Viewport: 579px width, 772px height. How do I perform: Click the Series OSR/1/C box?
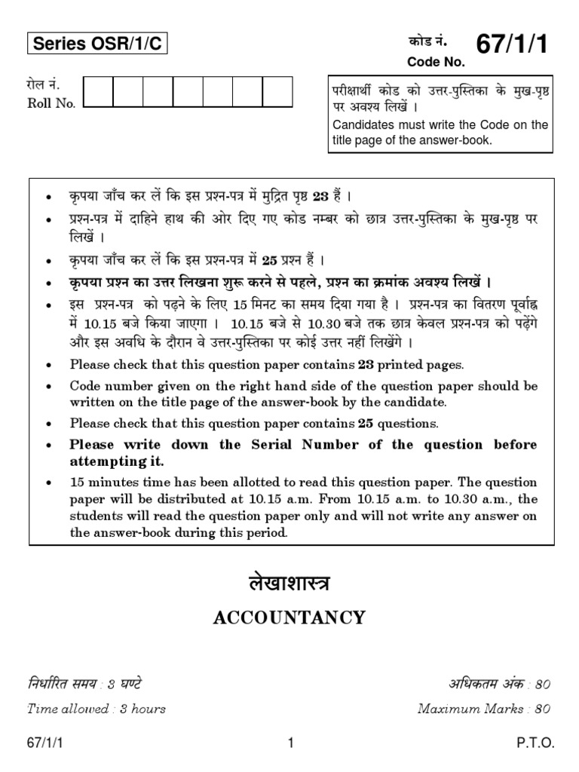(x=97, y=45)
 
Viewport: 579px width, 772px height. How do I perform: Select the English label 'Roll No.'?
(x=51, y=104)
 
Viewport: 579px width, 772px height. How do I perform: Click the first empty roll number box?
(x=98, y=94)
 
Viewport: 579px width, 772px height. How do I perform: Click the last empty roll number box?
(x=277, y=94)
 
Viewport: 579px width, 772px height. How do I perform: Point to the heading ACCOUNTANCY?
(x=289, y=618)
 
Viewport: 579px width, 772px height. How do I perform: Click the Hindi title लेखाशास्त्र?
(x=289, y=585)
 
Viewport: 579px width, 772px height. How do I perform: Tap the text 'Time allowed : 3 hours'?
(x=96, y=709)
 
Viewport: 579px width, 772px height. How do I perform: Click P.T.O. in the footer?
(x=535, y=743)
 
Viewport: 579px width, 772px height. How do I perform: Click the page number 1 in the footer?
(x=289, y=743)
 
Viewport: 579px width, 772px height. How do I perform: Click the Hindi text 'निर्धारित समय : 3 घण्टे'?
(x=84, y=685)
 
